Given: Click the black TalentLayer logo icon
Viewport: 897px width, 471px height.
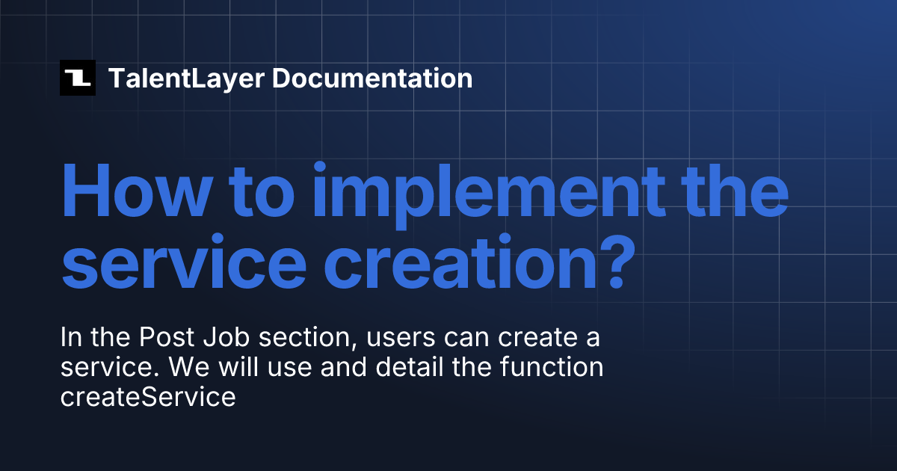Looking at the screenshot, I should coord(78,78).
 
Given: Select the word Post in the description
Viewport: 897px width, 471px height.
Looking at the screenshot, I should coord(166,339).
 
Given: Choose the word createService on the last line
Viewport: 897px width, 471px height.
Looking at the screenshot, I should coord(148,397).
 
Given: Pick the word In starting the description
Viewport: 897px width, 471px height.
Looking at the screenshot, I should coord(70,339).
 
